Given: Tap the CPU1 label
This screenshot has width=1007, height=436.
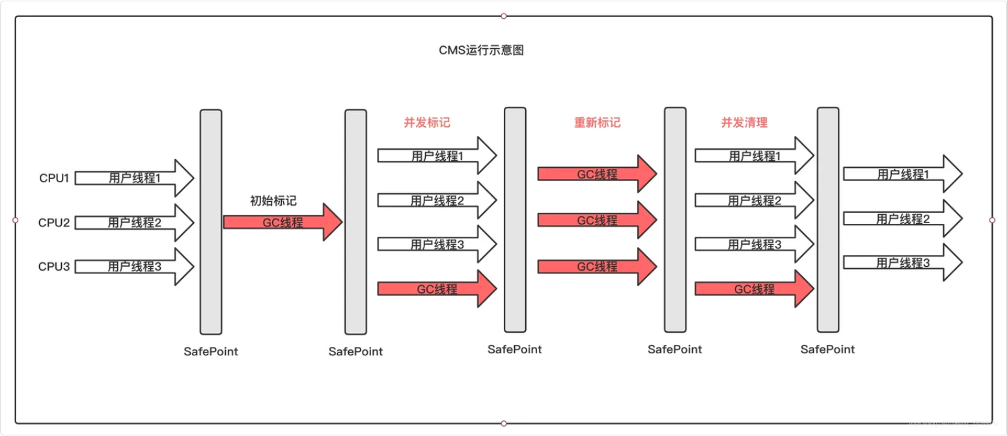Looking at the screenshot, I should point(54,178).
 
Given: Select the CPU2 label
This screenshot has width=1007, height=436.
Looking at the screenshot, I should point(54,223).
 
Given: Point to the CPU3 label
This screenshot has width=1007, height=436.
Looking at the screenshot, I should point(54,266).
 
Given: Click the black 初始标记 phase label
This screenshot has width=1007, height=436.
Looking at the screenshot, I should point(273,201).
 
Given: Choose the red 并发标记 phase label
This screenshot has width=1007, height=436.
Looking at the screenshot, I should point(427,122).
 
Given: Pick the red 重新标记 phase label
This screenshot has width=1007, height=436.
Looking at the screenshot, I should point(597,122).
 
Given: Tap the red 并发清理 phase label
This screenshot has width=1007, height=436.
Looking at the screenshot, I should point(744,122).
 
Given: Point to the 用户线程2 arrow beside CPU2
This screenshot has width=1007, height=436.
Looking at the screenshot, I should point(134,223).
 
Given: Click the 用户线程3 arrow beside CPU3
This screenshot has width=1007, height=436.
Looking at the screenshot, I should point(134,266).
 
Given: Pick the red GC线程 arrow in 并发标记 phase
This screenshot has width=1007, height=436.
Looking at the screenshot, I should point(437,288).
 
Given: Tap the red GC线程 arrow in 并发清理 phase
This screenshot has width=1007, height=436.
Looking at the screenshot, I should point(754,288).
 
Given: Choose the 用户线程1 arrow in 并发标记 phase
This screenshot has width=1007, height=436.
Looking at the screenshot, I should point(437,156).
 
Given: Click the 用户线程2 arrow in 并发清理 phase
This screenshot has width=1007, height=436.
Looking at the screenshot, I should point(754,200).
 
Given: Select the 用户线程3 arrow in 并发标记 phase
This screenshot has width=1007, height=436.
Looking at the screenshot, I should point(437,245).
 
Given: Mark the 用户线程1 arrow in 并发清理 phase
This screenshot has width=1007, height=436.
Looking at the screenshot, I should point(754,156).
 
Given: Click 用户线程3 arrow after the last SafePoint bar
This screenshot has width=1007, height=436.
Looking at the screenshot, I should point(902,263).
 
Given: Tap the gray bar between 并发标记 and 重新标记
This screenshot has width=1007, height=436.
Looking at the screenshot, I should point(515,220).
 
